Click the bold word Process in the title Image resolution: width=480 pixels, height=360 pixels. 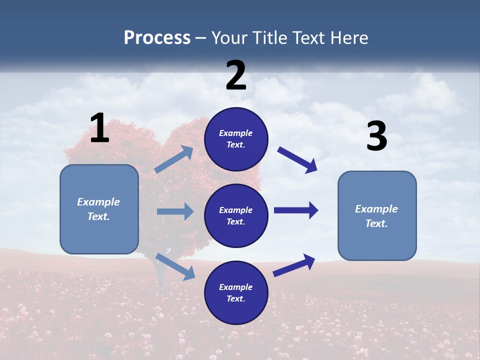tap(157, 38)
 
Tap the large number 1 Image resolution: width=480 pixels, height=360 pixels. tap(99, 128)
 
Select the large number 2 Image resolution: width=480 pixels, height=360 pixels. tap(236, 75)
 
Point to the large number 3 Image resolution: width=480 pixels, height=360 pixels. tap(376, 136)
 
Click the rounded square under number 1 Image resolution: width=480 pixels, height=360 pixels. tap(99, 209)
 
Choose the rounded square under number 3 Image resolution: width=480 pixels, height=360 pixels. tap(377, 215)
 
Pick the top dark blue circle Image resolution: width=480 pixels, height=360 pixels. tap(236, 139)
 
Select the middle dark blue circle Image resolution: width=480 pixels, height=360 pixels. tap(236, 215)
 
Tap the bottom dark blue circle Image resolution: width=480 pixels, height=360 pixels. tap(236, 292)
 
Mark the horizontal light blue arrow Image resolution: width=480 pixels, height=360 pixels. tap(175, 211)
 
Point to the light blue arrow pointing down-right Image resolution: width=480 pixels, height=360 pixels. tap(175, 266)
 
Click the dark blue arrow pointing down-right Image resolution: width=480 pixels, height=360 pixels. tap(297, 160)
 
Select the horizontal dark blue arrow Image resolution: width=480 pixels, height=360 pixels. tap(296, 210)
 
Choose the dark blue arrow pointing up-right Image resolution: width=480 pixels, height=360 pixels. tap(294, 265)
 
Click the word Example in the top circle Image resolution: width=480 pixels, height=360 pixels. tap(236, 133)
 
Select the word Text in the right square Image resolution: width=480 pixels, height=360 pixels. tap(376, 223)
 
